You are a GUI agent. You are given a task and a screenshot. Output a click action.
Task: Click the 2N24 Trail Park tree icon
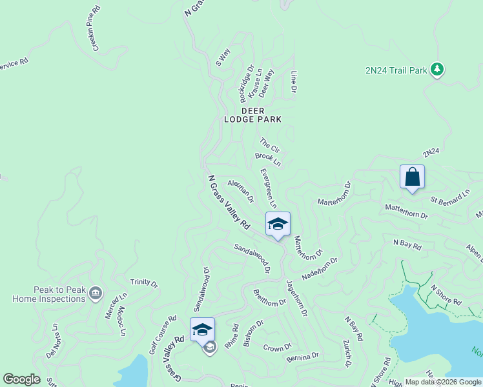(437, 70)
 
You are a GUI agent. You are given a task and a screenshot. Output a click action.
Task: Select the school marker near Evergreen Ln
(278, 224)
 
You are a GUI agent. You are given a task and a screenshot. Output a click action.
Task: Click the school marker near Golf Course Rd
(202, 329)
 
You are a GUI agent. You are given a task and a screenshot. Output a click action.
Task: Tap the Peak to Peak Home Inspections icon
(96, 293)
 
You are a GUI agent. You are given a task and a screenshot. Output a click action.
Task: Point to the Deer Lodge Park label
(253, 115)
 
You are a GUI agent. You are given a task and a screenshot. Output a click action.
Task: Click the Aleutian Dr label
(241, 191)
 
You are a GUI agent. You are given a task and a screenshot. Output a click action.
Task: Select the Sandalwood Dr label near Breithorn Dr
(252, 258)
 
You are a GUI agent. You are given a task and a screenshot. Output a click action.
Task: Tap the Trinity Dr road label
(144, 283)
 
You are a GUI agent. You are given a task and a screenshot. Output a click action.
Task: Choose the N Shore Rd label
(446, 295)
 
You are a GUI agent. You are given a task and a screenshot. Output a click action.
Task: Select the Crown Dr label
(278, 348)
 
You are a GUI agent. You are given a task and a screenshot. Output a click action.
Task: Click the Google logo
(21, 379)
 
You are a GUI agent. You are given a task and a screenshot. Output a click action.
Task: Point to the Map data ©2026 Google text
(443, 382)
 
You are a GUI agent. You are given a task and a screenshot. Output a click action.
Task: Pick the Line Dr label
(293, 81)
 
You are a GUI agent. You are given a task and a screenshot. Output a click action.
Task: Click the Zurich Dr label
(347, 353)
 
